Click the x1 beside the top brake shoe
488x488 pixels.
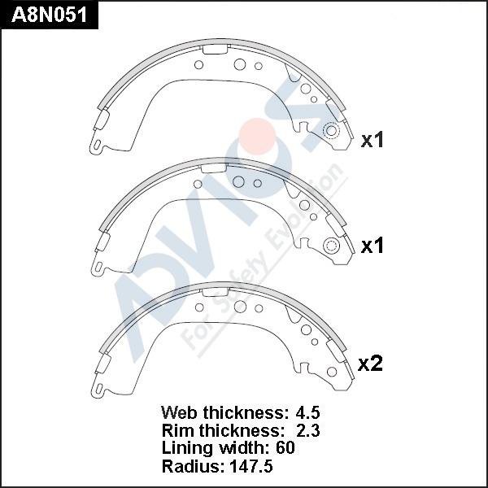point(372,140)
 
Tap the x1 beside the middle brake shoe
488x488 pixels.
point(372,246)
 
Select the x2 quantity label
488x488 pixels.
point(370,364)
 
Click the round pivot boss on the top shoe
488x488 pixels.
point(331,133)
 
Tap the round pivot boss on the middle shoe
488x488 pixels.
point(331,247)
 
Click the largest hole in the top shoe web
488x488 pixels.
point(240,64)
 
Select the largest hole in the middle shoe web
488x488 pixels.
point(238,181)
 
